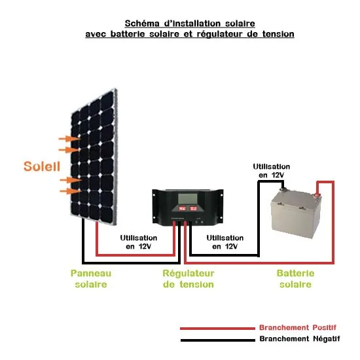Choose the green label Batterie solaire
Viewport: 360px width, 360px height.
295,279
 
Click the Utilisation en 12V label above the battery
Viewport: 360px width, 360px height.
271,171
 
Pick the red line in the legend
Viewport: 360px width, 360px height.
215,328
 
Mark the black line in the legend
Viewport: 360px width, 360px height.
215,340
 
